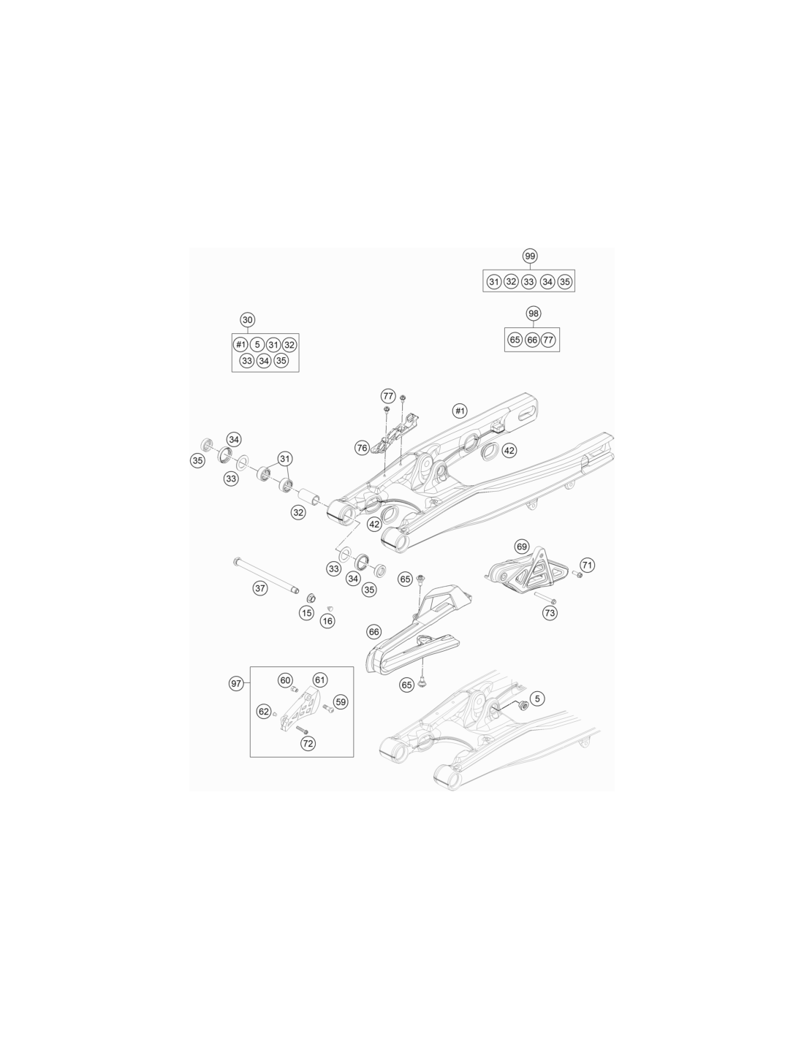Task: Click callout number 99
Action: (x=529, y=256)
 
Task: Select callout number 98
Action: (x=534, y=313)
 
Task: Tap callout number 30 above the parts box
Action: (x=247, y=320)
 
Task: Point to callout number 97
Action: (x=236, y=684)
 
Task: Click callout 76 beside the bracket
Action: (x=362, y=448)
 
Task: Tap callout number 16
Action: (x=327, y=621)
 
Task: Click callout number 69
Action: (x=521, y=547)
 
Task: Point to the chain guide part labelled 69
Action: (x=528, y=571)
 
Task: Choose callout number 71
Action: (x=588, y=565)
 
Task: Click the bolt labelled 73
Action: (x=545, y=597)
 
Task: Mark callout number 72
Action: (x=308, y=744)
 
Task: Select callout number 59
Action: (x=340, y=702)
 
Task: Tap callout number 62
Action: (x=264, y=712)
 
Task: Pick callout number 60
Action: (x=285, y=680)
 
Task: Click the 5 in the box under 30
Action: (x=257, y=344)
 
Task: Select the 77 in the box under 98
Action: (x=548, y=340)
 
